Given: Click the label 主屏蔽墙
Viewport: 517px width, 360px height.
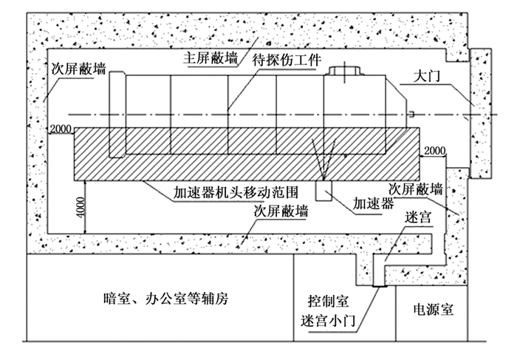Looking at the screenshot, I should click(210, 56).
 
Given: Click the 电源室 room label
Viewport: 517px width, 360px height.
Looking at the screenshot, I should click(433, 310).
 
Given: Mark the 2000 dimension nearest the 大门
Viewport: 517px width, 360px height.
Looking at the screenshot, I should click(436, 151).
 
